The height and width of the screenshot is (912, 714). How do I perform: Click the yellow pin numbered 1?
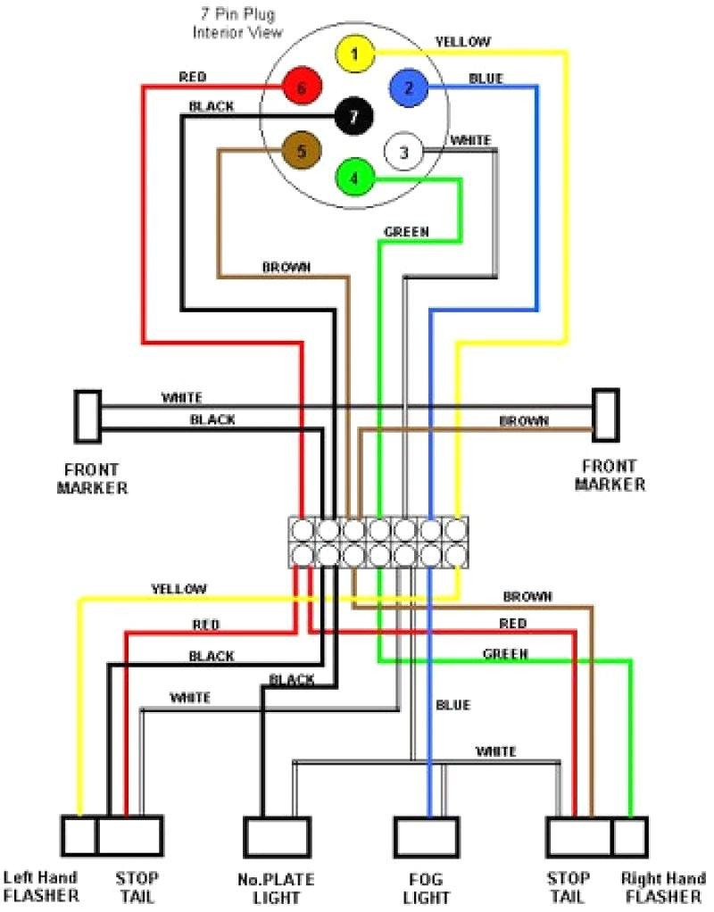354,54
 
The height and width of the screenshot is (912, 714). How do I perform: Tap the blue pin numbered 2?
408,87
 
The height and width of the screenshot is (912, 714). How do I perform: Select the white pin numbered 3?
403,153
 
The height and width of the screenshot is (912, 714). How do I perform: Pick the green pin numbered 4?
354,177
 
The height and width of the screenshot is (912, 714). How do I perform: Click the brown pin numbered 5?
301,152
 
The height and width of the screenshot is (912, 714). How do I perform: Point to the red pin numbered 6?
301,87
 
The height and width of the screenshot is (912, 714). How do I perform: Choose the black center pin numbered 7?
354,116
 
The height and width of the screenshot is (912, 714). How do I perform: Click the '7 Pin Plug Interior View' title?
237,24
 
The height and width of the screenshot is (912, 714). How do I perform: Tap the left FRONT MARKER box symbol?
87,416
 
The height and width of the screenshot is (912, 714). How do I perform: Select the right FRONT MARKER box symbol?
606,414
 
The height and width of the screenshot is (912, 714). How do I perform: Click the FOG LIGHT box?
426,837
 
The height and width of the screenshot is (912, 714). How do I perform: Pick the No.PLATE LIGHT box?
277,837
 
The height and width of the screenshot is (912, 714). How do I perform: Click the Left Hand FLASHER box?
79,837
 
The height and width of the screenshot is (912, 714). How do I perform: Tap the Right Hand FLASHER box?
630,837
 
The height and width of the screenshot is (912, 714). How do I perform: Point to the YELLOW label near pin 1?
462,41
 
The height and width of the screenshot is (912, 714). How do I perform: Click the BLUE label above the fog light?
452,705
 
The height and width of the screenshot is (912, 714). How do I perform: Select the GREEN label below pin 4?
406,232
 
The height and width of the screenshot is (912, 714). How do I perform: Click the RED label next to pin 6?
192,78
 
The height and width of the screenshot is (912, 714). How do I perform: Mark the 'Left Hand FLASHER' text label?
41,886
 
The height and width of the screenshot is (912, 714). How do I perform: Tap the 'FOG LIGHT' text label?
426,889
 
